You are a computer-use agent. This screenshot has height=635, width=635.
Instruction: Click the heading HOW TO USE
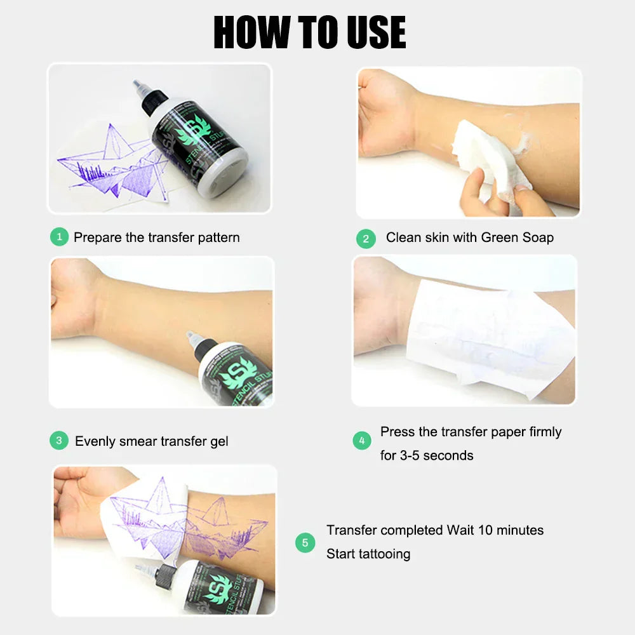pyautogui.click(x=310, y=32)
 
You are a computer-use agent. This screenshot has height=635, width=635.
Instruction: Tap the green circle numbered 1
pyautogui.click(x=58, y=237)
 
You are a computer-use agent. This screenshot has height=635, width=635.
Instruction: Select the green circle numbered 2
pyautogui.click(x=365, y=239)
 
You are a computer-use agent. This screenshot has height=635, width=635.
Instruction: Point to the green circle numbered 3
pyautogui.click(x=58, y=441)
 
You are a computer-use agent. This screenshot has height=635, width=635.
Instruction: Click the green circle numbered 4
pyautogui.click(x=361, y=441)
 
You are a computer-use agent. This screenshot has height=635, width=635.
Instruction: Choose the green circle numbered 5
pyautogui.click(x=305, y=542)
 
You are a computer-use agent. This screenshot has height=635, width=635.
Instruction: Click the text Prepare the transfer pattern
pyautogui.click(x=156, y=237)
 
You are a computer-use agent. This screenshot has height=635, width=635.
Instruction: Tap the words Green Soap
pyautogui.click(x=517, y=237)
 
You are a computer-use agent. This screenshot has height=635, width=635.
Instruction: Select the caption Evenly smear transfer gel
pyautogui.click(x=151, y=441)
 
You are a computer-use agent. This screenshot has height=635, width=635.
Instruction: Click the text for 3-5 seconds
pyautogui.click(x=426, y=455)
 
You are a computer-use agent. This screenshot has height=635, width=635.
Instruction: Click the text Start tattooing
pyautogui.click(x=368, y=554)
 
